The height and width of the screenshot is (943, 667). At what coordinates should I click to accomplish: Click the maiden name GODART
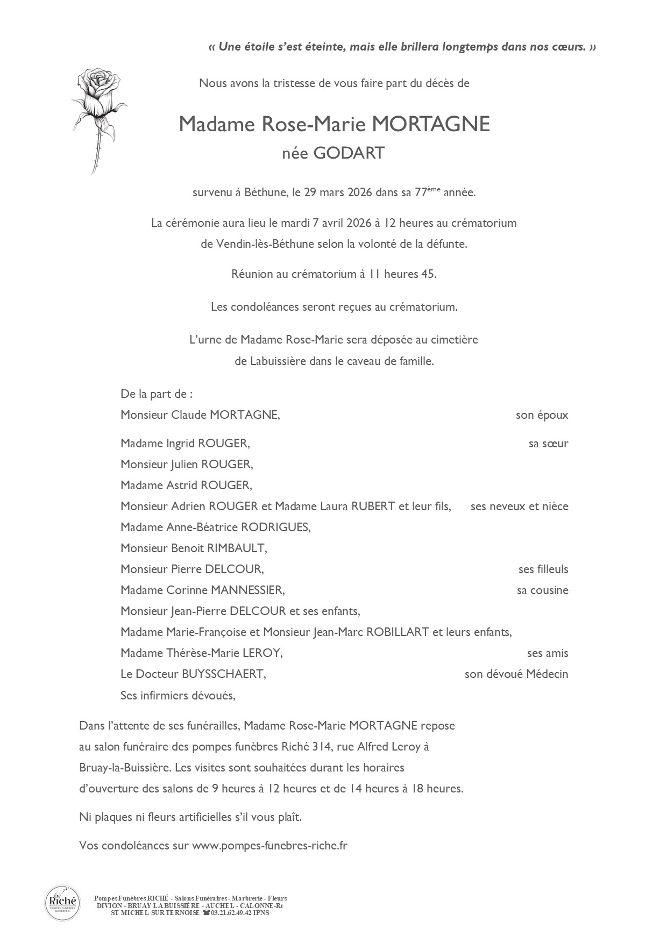point(349,153)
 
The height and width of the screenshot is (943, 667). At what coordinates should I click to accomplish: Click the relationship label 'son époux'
point(542,415)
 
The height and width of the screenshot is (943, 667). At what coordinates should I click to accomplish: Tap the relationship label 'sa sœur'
point(548,444)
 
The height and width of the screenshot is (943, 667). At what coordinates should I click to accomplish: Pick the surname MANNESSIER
point(247,590)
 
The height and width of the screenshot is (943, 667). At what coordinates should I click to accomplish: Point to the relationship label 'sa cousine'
point(542,590)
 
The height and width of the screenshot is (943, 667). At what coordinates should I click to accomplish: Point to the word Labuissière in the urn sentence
point(279,361)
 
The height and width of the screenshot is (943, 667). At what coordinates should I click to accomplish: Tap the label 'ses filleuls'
point(543,569)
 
